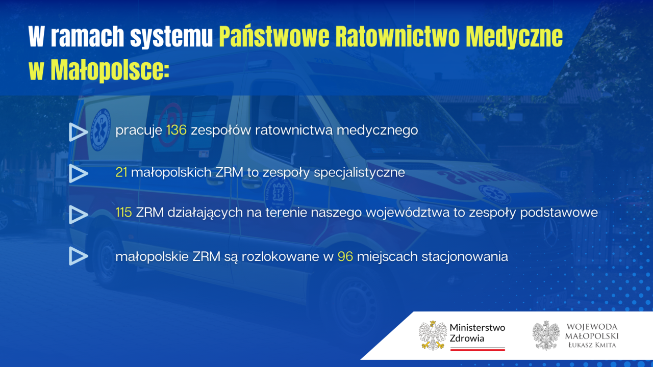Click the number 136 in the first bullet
click(177, 130)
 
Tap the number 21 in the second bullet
click(121, 172)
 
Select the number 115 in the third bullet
click(123, 213)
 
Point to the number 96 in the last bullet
click(345, 256)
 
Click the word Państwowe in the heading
click(274, 37)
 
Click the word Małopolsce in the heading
click(110, 70)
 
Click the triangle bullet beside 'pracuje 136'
click(78, 132)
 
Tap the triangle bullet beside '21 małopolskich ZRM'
click(78, 174)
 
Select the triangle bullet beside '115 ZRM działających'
click(78, 215)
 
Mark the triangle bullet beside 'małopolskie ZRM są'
click(78, 256)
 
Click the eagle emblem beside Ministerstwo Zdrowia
click(433, 335)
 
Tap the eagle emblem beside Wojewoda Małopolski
click(546, 335)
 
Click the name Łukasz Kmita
click(592, 345)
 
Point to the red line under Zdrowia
click(478, 349)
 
